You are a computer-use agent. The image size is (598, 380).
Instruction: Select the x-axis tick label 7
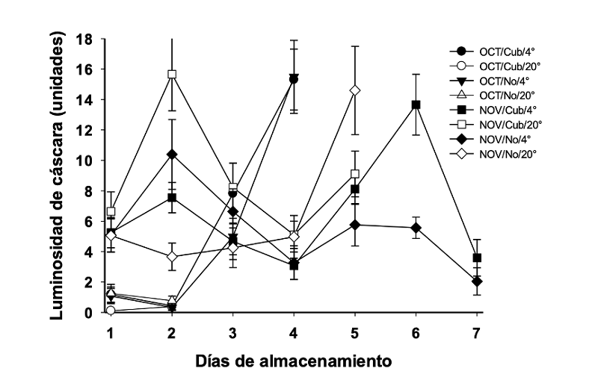point(476,330)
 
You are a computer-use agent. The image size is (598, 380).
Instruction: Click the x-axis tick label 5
point(355,330)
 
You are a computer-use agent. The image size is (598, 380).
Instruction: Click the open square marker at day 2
point(173,75)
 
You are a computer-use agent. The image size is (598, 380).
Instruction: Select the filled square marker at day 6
point(416,105)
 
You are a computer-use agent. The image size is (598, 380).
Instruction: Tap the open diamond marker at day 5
point(355,90)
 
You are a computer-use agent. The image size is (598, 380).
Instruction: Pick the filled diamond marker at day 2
point(173,155)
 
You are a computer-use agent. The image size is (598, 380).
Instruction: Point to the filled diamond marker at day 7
point(476,281)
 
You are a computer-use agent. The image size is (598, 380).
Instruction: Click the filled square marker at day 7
point(476,258)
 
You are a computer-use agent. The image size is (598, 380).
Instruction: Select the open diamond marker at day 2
point(173,257)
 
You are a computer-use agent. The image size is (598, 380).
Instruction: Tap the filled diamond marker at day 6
point(416,228)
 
